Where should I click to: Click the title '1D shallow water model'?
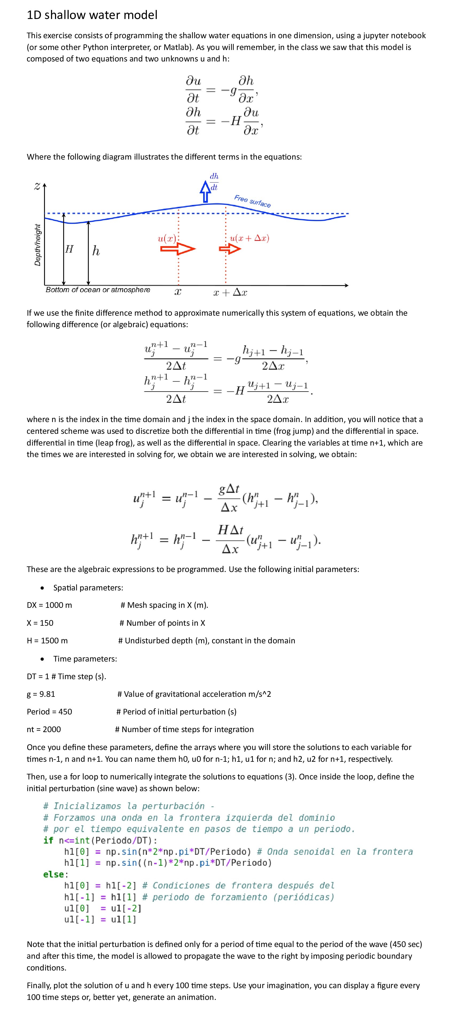click(92, 15)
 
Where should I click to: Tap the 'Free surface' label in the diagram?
click(252, 201)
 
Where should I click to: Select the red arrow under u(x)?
click(178, 248)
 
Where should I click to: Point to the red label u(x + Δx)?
click(249, 238)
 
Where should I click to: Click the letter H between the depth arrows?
click(69, 249)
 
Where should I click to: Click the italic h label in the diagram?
click(96, 251)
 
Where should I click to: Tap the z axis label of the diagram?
click(37, 187)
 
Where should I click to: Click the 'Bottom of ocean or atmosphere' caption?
click(98, 290)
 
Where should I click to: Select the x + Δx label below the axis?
click(230, 292)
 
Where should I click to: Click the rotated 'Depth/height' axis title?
click(38, 245)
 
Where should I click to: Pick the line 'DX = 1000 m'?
click(49, 605)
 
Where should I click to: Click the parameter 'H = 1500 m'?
click(47, 640)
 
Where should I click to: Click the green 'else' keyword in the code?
click(55, 874)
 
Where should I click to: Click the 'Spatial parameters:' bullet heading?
click(88, 587)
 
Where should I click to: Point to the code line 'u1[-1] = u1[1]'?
click(100, 919)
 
